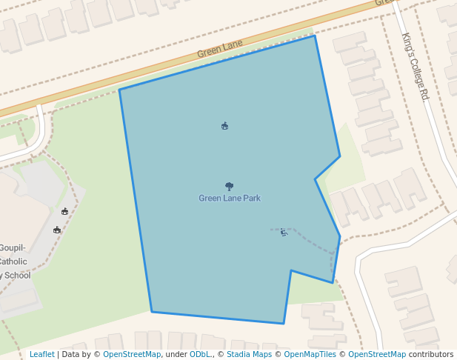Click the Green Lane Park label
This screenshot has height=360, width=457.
click(x=230, y=199)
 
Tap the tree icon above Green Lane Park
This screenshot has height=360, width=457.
click(x=230, y=187)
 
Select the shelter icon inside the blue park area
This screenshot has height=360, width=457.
click(x=224, y=126)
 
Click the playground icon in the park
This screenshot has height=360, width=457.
click(x=284, y=233)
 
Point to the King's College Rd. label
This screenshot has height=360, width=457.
click(x=416, y=66)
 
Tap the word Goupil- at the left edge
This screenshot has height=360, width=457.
click(x=14, y=247)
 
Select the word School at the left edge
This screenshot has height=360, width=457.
click(x=17, y=276)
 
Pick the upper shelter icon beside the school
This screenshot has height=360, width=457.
click(x=65, y=212)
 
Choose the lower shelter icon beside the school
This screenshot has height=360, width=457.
click(x=57, y=230)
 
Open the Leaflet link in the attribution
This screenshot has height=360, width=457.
click(x=41, y=355)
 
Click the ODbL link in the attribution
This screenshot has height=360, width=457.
click(x=200, y=355)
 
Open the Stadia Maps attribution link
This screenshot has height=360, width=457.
click(x=249, y=355)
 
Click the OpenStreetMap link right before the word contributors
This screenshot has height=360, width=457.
click(x=377, y=355)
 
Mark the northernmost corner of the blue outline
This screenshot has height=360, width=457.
click(x=315, y=36)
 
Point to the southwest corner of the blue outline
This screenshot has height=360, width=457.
click(x=152, y=312)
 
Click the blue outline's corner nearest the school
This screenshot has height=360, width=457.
click(x=119, y=90)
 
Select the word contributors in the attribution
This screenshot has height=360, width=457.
click(x=431, y=355)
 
